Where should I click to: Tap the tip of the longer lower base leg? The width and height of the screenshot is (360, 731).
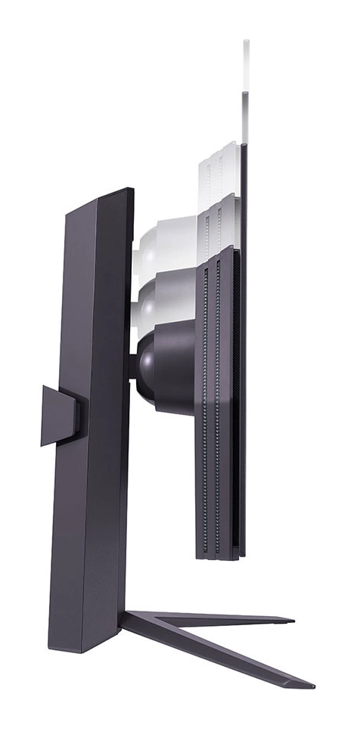tap(310, 685)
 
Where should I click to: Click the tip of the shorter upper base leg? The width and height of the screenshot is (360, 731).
tap(290, 621)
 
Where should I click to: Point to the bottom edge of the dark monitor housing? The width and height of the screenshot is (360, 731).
tap(219, 558)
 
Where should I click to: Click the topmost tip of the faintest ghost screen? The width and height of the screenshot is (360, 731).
tap(246, 42)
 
